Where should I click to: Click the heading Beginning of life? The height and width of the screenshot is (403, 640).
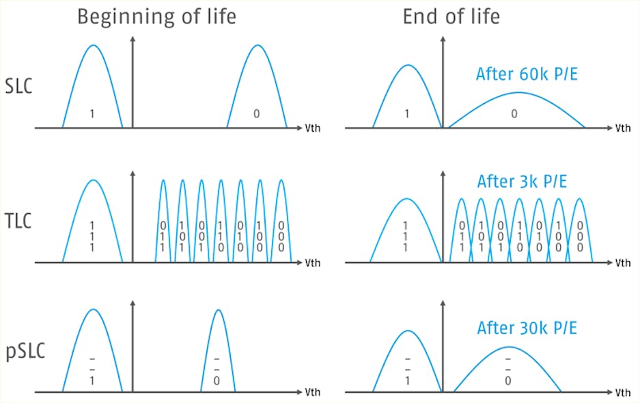[x=156, y=16]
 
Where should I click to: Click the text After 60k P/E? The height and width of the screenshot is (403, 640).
[x=527, y=74]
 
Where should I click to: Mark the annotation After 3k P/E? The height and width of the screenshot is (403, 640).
[x=522, y=182]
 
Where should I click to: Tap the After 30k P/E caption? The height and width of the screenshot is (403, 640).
[x=527, y=328]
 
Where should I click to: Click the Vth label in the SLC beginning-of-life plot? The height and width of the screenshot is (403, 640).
[x=312, y=128]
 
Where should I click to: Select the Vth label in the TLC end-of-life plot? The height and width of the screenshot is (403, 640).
[x=623, y=263]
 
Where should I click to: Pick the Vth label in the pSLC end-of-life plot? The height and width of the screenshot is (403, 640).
[x=623, y=393]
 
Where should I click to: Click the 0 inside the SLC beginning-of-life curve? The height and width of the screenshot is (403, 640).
[x=256, y=114]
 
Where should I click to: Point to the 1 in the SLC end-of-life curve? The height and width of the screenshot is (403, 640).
[x=407, y=114]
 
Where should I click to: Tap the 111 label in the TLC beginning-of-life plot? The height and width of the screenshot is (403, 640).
[x=92, y=236]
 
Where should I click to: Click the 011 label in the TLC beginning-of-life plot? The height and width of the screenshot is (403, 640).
[x=163, y=236]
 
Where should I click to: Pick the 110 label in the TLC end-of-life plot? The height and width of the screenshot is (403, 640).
[x=520, y=236]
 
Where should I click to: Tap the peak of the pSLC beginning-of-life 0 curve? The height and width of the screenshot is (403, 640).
[x=218, y=310]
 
